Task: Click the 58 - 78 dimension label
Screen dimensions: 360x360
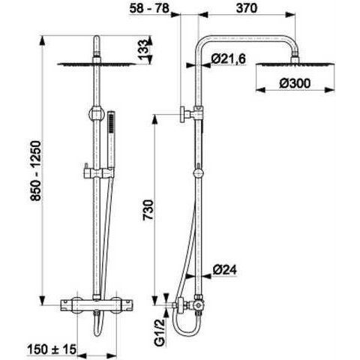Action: [149, 8]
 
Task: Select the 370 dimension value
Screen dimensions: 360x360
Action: [247, 8]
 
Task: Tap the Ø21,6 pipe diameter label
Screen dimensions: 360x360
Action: [229, 59]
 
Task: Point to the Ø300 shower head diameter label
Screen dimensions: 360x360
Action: [295, 83]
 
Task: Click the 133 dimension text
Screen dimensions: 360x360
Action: [143, 49]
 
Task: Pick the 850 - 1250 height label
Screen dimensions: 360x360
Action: [35, 171]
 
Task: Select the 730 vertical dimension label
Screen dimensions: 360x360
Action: [148, 210]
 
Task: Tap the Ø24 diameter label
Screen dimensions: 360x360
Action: [224, 270]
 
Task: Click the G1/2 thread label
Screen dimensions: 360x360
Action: [160, 333]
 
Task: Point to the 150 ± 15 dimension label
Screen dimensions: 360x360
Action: [52, 349]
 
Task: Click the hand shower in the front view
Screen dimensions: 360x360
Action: [111, 140]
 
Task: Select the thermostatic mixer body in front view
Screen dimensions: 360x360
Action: [97, 304]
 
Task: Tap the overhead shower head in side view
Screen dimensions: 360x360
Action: [295, 64]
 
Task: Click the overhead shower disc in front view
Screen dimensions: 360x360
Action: [97, 64]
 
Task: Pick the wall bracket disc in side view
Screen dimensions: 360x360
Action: [183, 115]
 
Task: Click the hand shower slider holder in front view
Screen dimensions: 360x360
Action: [99, 172]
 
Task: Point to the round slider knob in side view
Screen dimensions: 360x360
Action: [199, 173]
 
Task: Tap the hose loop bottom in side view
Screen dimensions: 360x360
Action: [185, 331]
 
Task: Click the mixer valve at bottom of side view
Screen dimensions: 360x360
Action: [192, 304]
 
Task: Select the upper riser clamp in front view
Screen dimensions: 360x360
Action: [97, 114]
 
